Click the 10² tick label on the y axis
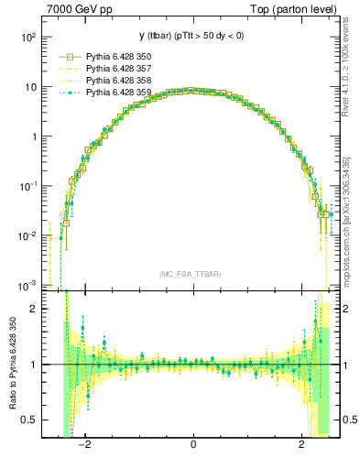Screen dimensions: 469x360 28,38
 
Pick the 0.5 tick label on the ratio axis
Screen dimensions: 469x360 28,420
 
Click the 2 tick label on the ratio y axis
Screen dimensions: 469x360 34,309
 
